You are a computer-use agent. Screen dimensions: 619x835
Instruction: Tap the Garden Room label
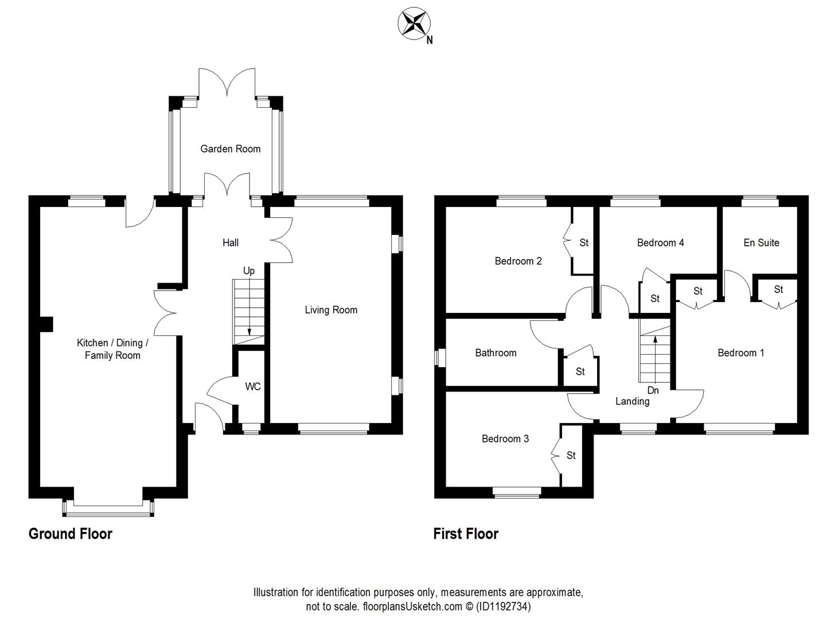(x=230, y=149)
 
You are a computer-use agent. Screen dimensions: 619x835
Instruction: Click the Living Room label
(x=331, y=310)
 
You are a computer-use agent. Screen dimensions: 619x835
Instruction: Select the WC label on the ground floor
(x=252, y=386)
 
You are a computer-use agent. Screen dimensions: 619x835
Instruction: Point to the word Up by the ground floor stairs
(x=249, y=271)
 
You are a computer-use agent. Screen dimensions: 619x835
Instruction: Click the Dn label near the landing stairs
(x=653, y=390)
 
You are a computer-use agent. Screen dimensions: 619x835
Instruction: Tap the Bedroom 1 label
(x=740, y=353)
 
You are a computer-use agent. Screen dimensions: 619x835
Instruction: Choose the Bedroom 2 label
(x=518, y=261)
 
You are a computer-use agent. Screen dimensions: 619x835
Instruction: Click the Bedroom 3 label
(x=505, y=439)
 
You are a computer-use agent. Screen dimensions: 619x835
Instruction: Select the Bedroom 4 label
(x=660, y=243)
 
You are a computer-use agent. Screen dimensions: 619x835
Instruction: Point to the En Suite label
(x=761, y=243)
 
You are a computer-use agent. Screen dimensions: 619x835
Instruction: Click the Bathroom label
(x=495, y=353)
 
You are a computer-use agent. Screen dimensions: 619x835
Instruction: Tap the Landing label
(x=632, y=401)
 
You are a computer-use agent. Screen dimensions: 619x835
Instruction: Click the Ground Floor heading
(x=71, y=534)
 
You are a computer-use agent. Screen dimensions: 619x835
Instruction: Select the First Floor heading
(x=466, y=534)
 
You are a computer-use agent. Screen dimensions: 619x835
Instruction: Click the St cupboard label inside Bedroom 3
(x=571, y=456)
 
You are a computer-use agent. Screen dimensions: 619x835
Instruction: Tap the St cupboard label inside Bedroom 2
(x=584, y=243)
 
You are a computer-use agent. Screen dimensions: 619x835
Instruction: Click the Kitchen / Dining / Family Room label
(x=112, y=349)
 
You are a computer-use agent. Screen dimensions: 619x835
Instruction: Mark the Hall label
(x=231, y=243)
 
